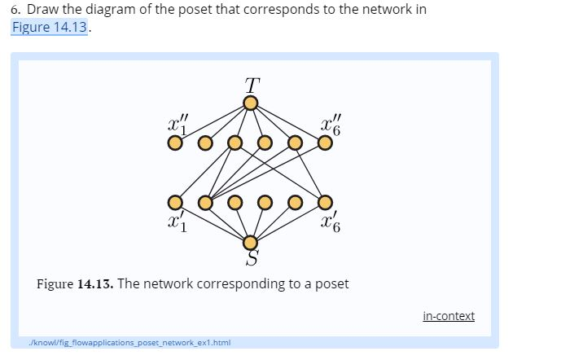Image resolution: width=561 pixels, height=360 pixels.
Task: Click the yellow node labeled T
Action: pos(251,103)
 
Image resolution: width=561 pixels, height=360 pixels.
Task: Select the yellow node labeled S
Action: pos(251,242)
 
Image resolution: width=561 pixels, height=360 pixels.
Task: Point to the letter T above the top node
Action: pos(252,84)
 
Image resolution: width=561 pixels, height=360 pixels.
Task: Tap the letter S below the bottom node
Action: pos(252,260)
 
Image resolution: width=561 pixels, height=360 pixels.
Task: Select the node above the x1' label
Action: pos(173,201)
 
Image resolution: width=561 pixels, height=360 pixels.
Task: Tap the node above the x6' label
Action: pos(325,201)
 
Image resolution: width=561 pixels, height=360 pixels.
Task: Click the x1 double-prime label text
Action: pos(175,124)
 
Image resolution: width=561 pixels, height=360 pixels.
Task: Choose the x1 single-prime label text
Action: pos(177,220)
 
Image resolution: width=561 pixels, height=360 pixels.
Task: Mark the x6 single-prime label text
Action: pos(326,220)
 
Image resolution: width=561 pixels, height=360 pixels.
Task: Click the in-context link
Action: pos(449,316)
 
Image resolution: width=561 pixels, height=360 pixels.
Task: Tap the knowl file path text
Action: pos(119,341)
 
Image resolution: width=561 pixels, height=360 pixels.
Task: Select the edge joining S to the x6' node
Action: pos(288,222)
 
